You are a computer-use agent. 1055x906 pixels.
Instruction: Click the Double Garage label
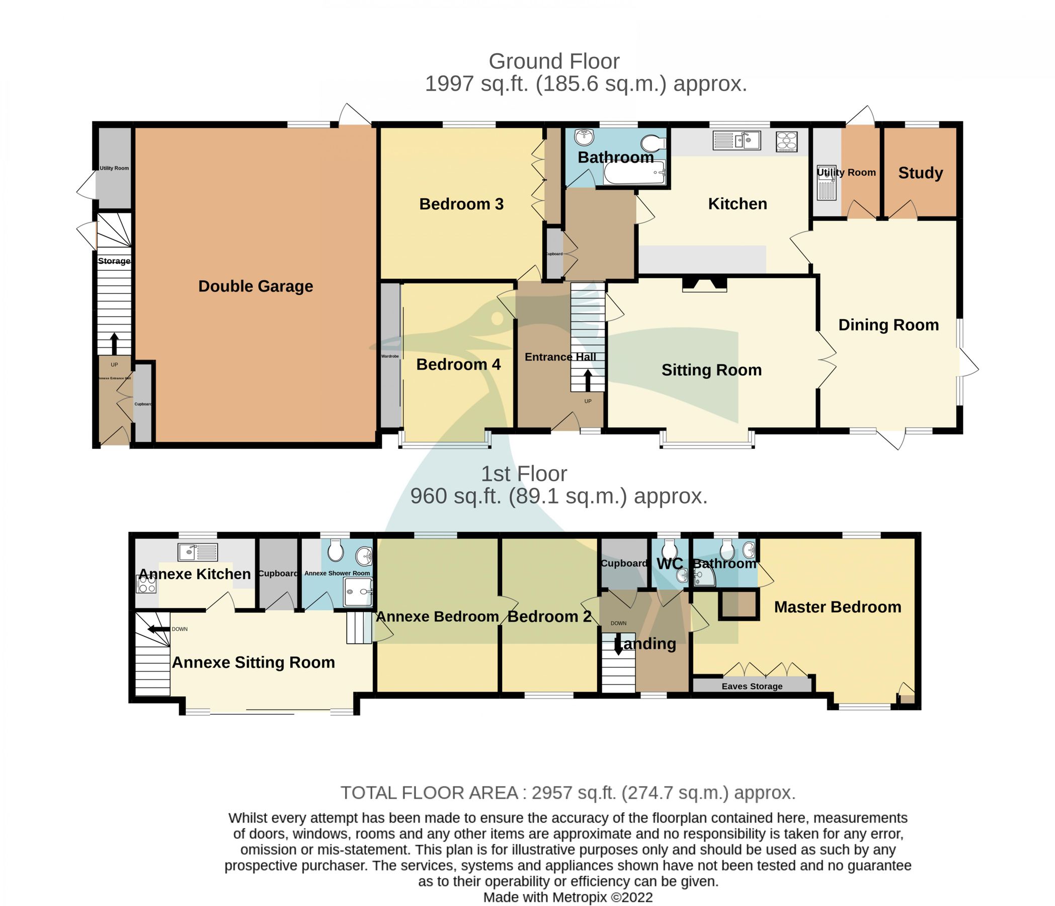pyautogui.click(x=256, y=286)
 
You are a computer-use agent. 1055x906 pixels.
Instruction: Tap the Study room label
pyautogui.click(x=920, y=173)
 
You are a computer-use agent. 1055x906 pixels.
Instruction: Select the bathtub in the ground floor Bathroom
pyautogui.click(x=634, y=173)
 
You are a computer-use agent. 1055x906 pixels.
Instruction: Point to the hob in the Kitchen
pyautogui.click(x=786, y=141)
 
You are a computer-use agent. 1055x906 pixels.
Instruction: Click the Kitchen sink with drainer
pyautogui.click(x=737, y=140)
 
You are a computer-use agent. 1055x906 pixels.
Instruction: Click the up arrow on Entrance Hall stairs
pyautogui.click(x=588, y=380)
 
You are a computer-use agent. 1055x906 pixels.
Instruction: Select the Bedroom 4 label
pyautogui.click(x=458, y=364)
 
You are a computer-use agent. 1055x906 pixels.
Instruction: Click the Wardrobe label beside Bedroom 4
pyautogui.click(x=390, y=356)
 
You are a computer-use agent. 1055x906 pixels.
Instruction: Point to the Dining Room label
pyautogui.click(x=888, y=325)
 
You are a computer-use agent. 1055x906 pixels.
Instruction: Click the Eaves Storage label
pyautogui.click(x=752, y=687)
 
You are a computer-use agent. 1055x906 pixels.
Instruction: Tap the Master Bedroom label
pyautogui.click(x=838, y=607)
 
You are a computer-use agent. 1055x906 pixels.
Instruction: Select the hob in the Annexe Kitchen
pyautogui.click(x=146, y=584)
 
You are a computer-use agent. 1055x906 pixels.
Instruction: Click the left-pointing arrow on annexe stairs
pyautogui.click(x=158, y=630)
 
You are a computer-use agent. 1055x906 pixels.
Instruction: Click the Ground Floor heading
pyautogui.click(x=554, y=61)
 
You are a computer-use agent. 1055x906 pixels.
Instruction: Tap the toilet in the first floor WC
pyautogui.click(x=669, y=551)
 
